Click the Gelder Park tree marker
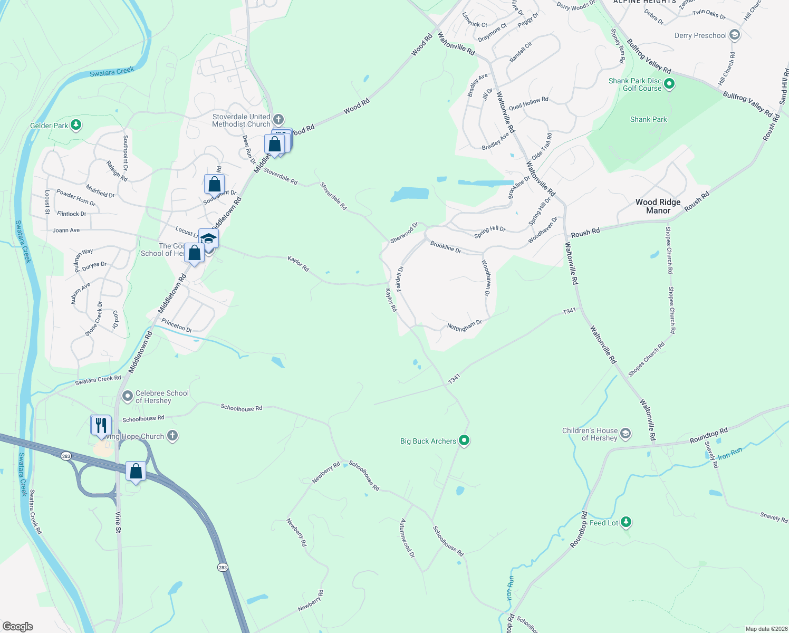click(76, 125)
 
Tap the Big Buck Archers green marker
click(464, 440)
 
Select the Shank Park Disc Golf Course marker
click(669, 84)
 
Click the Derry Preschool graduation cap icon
click(735, 35)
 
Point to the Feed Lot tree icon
click(626, 522)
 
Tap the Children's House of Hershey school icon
click(625, 434)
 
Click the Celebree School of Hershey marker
click(127, 396)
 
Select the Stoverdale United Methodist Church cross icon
click(278, 119)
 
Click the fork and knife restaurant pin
click(101, 425)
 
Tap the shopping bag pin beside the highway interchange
click(136, 472)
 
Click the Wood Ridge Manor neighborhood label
click(658, 206)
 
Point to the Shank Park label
click(648, 120)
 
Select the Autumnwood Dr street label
click(407, 538)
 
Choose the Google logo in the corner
click(18, 626)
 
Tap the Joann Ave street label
click(66, 231)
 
